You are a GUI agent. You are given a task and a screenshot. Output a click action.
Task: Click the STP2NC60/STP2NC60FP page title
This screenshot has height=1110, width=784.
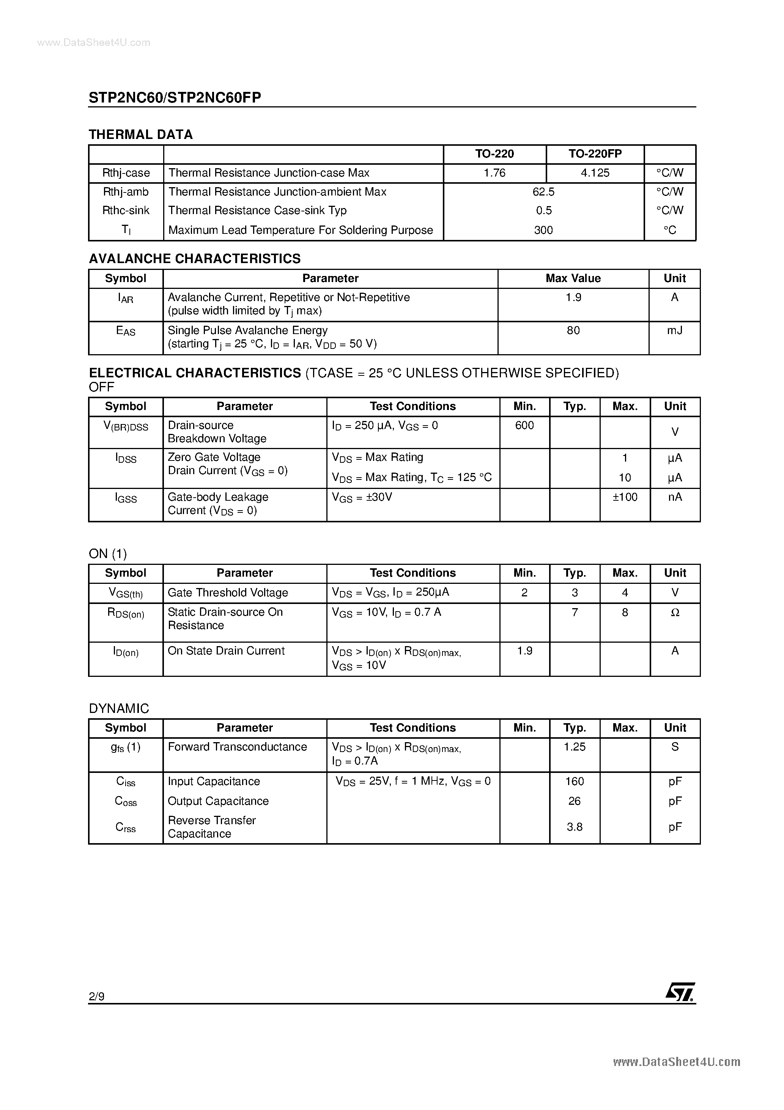pyautogui.click(x=175, y=98)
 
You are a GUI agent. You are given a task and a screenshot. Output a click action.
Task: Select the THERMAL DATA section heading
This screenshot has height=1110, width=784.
pyautogui.click(x=141, y=134)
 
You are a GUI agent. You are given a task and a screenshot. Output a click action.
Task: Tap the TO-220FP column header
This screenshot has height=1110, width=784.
pyautogui.click(x=595, y=154)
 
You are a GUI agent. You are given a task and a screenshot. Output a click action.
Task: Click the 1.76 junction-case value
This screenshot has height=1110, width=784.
pyautogui.click(x=494, y=173)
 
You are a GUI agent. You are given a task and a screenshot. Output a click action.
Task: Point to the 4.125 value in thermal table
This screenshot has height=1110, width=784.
pyautogui.click(x=595, y=173)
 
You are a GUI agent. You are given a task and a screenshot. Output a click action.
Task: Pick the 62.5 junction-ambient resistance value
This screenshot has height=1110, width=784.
pyautogui.click(x=543, y=192)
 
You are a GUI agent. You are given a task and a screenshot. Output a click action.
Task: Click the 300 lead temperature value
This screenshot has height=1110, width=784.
pyautogui.click(x=543, y=230)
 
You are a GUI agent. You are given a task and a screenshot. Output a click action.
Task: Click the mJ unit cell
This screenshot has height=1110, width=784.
pyautogui.click(x=674, y=331)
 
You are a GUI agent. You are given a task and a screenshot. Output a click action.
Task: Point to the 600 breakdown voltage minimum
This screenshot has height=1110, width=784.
pyautogui.click(x=524, y=426)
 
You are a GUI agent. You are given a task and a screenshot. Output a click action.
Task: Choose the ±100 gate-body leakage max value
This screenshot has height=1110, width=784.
pyautogui.click(x=625, y=497)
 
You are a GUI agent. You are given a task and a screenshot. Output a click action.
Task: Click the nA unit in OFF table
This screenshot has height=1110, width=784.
pyautogui.click(x=675, y=497)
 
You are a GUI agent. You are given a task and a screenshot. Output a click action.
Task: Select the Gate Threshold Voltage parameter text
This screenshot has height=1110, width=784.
pyautogui.click(x=228, y=593)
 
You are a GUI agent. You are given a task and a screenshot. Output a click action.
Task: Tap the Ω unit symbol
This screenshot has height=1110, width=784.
pyautogui.click(x=675, y=613)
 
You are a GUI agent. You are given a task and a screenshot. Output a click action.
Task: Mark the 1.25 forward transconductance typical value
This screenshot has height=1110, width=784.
pyautogui.click(x=574, y=747)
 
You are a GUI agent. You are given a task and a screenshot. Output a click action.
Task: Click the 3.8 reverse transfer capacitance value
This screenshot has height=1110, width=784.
pyautogui.click(x=574, y=827)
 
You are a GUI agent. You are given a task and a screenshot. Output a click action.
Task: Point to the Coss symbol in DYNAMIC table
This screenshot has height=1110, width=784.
pyautogui.click(x=126, y=801)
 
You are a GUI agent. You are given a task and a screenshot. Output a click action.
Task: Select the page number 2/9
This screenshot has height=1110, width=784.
pyautogui.click(x=97, y=996)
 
